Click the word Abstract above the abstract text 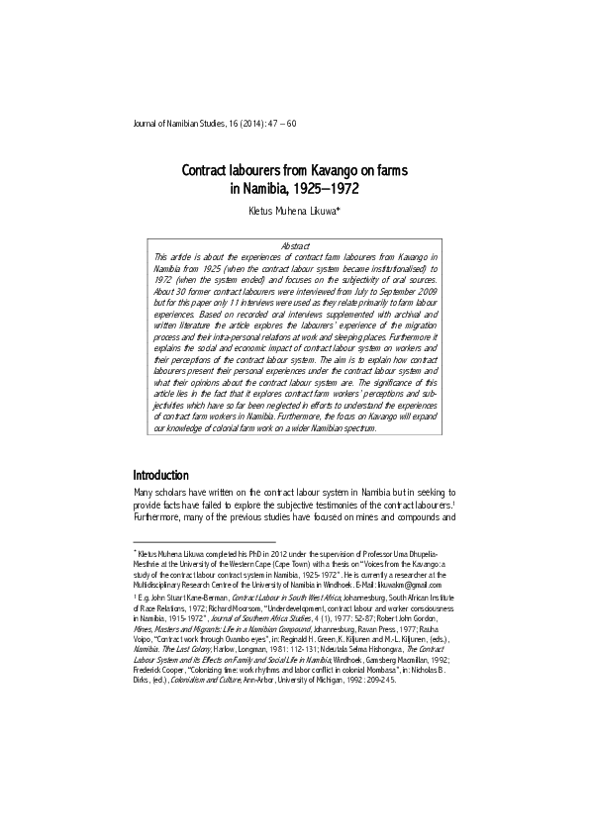(x=296, y=244)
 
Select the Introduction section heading (x=174, y=475)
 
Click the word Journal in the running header (x=147, y=124)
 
